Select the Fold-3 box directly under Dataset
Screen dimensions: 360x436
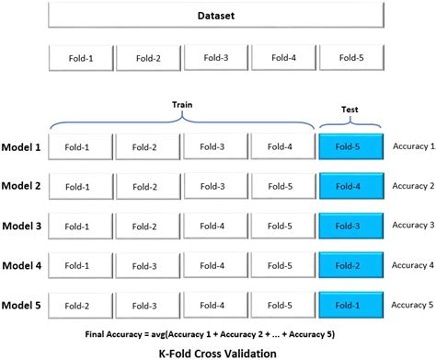(214, 59)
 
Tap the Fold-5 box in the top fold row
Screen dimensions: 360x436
(349, 59)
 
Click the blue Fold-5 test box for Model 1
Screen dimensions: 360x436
(349, 146)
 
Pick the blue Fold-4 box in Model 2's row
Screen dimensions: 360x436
(349, 186)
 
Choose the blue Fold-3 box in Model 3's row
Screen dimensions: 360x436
(349, 226)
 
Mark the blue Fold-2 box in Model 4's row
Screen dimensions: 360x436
(349, 265)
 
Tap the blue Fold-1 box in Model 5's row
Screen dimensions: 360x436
(349, 305)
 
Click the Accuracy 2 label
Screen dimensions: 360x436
(413, 185)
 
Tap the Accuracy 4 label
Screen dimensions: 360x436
(413, 264)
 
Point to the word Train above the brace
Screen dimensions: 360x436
(180, 105)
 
